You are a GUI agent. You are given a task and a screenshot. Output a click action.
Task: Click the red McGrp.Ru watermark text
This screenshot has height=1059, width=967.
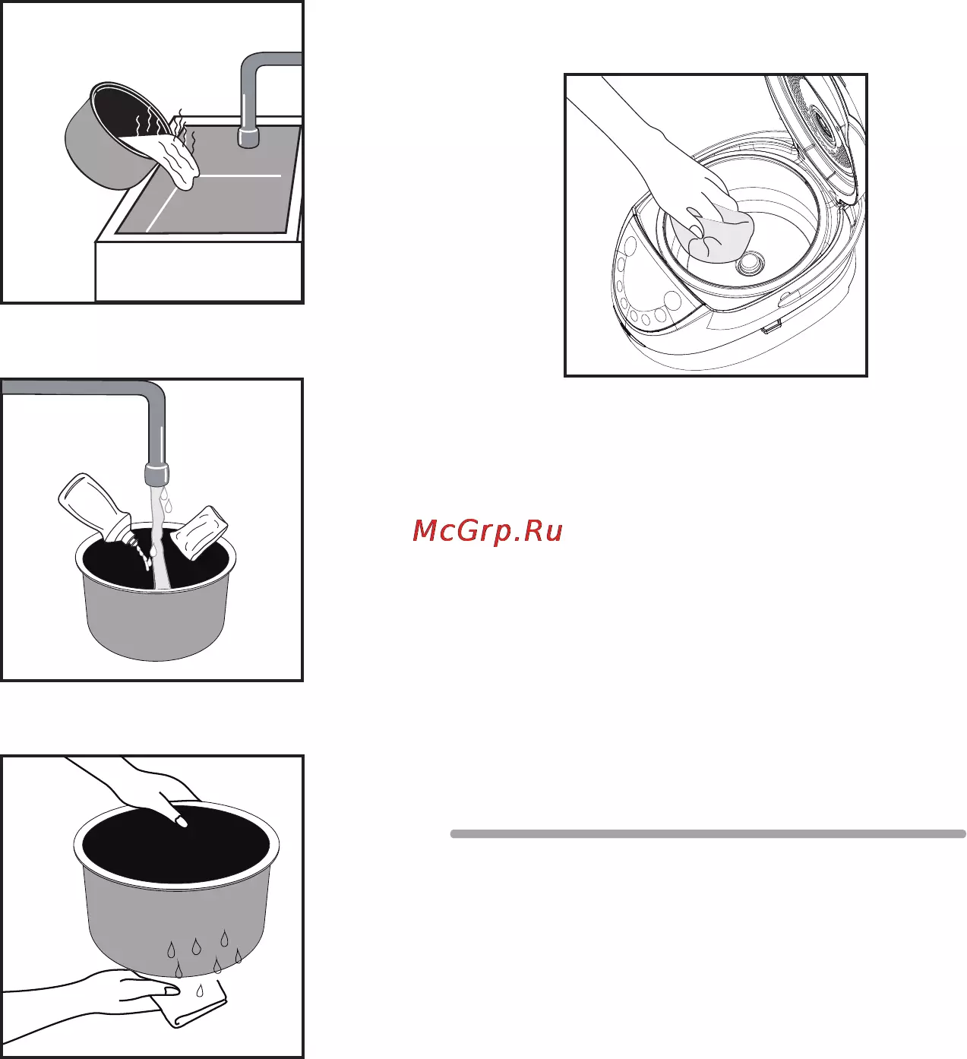[x=487, y=531]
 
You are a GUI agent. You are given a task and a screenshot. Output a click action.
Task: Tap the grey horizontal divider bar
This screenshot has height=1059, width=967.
[x=708, y=833]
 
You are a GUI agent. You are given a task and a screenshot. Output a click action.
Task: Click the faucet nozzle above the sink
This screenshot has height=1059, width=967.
[x=248, y=137]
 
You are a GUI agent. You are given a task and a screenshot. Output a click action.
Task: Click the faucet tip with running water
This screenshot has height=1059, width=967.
[x=156, y=473]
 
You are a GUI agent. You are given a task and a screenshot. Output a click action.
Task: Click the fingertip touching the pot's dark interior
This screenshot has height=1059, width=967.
[x=181, y=821]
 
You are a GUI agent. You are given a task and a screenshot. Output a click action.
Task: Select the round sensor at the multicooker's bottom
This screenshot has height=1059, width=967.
[x=751, y=263]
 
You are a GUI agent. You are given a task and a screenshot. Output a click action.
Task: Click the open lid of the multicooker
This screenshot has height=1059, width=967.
[x=816, y=138]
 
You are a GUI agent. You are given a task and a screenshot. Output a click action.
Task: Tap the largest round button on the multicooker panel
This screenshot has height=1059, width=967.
[x=673, y=300]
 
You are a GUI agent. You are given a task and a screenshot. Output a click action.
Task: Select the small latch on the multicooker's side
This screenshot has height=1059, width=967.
[x=771, y=328]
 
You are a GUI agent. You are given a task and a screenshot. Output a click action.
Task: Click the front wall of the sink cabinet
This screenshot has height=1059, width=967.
[x=198, y=272]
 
